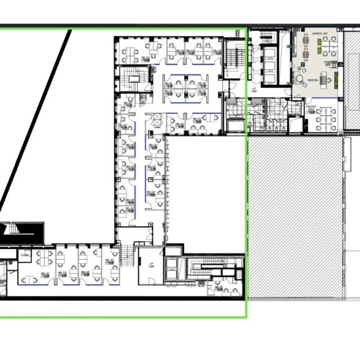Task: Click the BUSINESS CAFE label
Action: pyautogui.click(x=321, y=32)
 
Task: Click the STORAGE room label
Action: pyautogui.click(x=25, y=255)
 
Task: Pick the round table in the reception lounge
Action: pyautogui.click(x=300, y=79)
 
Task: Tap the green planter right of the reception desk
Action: pyautogui.click(x=335, y=79)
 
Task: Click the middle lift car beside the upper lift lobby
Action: pyautogui.click(x=270, y=65)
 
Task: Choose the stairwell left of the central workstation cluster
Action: pyautogui.click(x=133, y=78)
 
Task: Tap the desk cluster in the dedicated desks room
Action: pyautogui.click(x=325, y=117)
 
